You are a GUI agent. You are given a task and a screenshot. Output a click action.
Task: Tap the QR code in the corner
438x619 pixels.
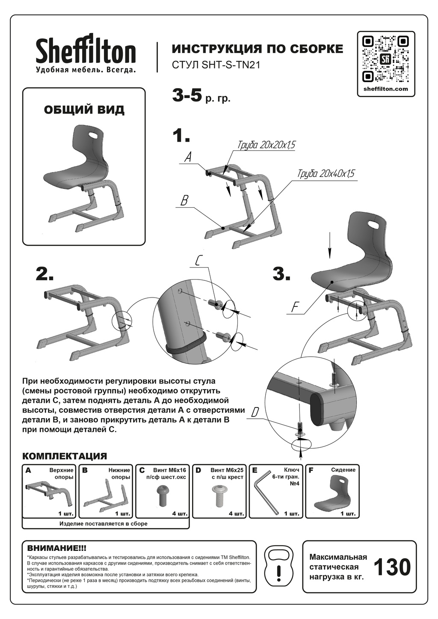(386, 59)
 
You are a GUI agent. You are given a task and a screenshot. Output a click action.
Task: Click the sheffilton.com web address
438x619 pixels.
(386, 89)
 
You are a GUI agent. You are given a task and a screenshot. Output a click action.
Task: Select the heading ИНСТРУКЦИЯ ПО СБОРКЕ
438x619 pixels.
(257, 49)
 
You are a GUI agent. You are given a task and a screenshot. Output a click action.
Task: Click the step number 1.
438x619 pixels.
(181, 136)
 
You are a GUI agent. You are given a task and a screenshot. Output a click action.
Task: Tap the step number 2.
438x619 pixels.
(44, 274)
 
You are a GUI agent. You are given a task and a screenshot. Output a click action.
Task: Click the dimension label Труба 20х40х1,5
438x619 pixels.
(326, 174)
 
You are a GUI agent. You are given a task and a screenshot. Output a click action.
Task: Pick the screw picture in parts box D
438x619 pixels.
(219, 496)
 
